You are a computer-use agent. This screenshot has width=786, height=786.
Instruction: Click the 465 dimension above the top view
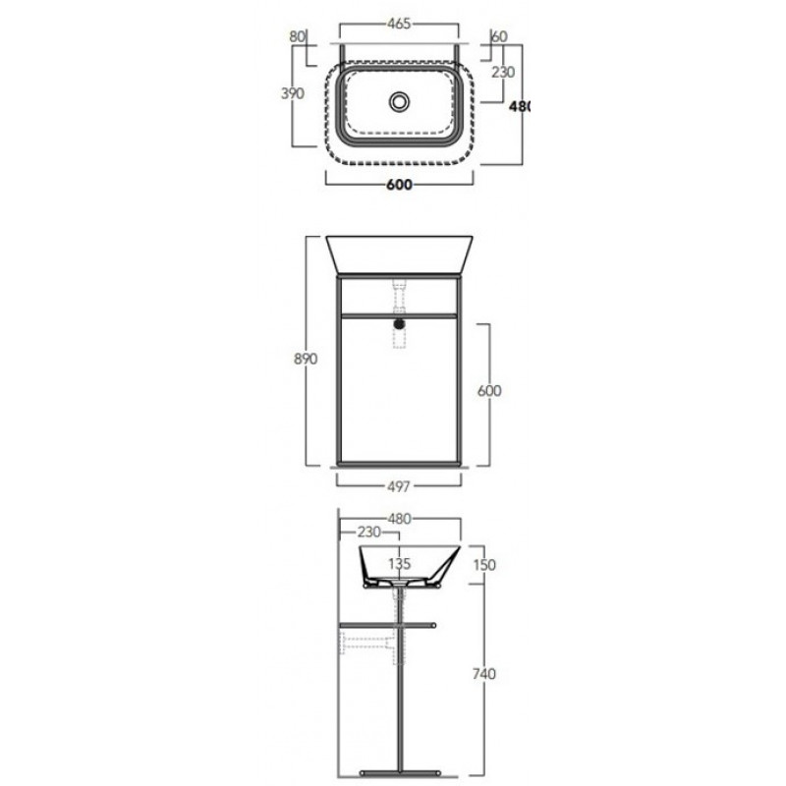click(x=399, y=24)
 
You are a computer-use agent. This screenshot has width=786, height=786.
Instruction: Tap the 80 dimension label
click(x=298, y=36)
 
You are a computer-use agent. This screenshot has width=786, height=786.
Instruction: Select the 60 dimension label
click(x=500, y=36)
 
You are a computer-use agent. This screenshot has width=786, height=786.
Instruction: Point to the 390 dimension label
click(x=292, y=93)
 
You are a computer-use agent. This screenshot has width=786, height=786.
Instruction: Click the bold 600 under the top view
click(x=399, y=185)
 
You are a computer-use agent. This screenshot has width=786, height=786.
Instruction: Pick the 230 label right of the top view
click(x=503, y=72)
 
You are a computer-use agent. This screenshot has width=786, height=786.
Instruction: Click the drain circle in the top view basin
click(x=399, y=102)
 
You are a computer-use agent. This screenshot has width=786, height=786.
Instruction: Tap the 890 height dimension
click(x=306, y=359)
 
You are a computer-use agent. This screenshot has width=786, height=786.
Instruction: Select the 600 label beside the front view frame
click(x=488, y=390)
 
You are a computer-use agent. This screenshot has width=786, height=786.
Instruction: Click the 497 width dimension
click(x=399, y=486)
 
